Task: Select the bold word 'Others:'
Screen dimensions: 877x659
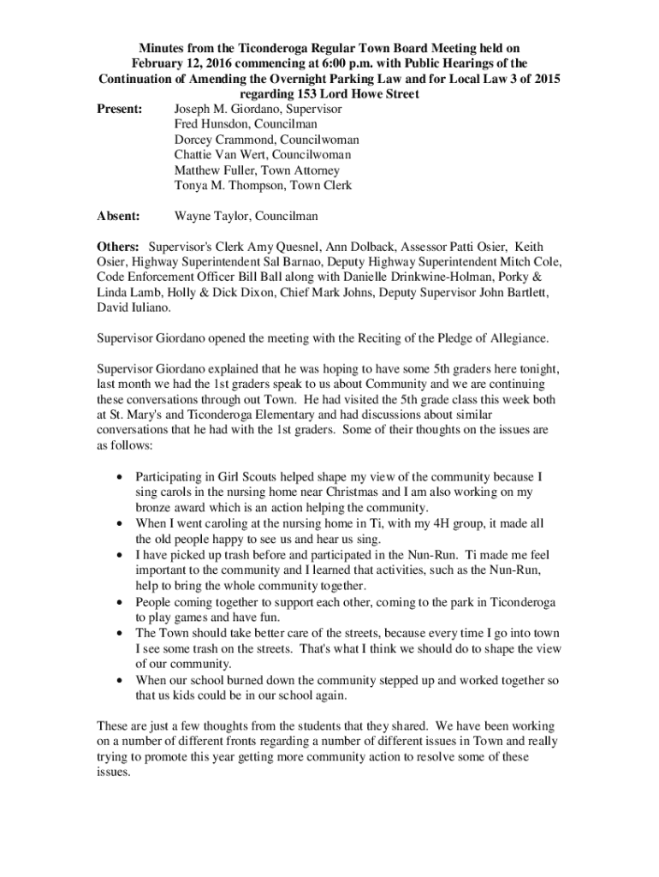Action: (x=118, y=247)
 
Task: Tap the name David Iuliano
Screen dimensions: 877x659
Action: (x=131, y=307)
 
